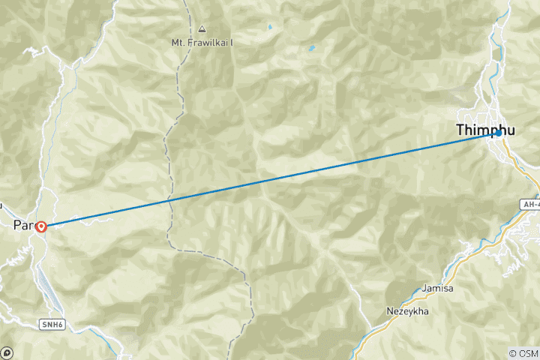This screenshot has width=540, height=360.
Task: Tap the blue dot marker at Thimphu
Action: [497, 133]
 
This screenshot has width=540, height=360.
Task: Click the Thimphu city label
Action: [484, 130]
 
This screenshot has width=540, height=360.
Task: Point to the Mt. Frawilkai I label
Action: [202, 43]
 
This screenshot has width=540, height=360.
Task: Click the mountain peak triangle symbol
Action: [202, 30]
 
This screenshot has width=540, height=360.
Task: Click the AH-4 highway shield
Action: [529, 203]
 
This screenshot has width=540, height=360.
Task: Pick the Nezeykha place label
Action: [407, 310]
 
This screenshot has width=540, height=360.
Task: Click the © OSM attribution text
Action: [523, 352]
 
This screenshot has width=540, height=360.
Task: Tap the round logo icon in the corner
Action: [7, 352]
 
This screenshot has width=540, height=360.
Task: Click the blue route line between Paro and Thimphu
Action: [270, 178]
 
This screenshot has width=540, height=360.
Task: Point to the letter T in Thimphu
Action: [461, 130]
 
